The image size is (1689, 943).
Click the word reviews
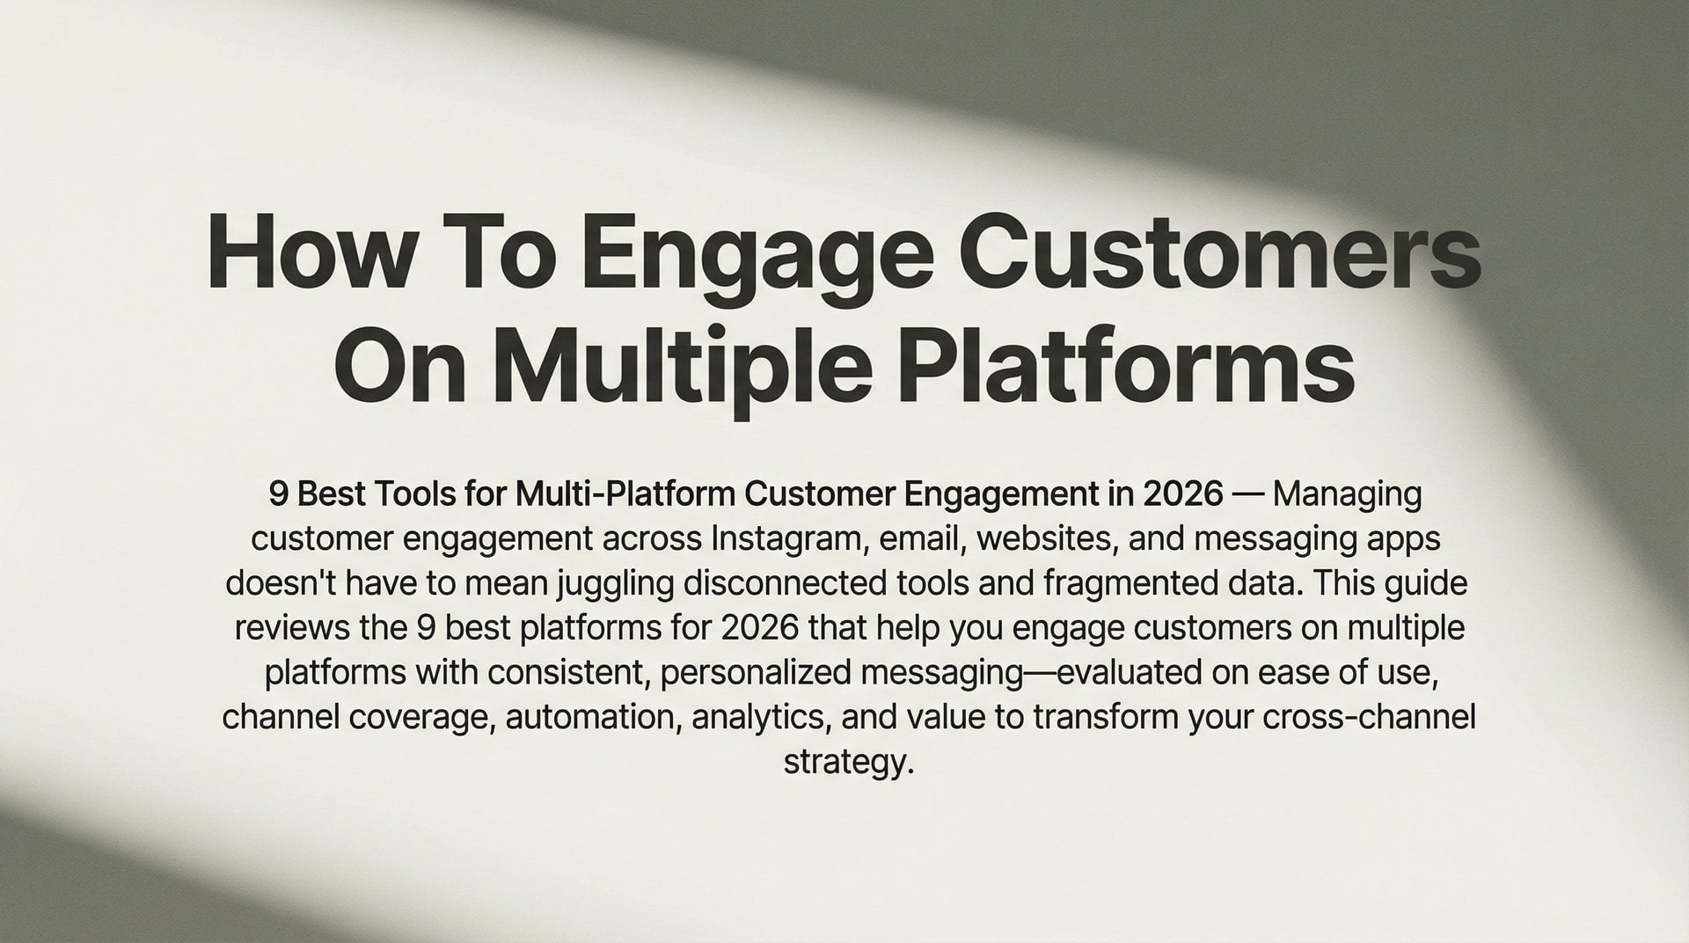click(292, 629)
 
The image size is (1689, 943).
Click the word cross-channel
click(1368, 718)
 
